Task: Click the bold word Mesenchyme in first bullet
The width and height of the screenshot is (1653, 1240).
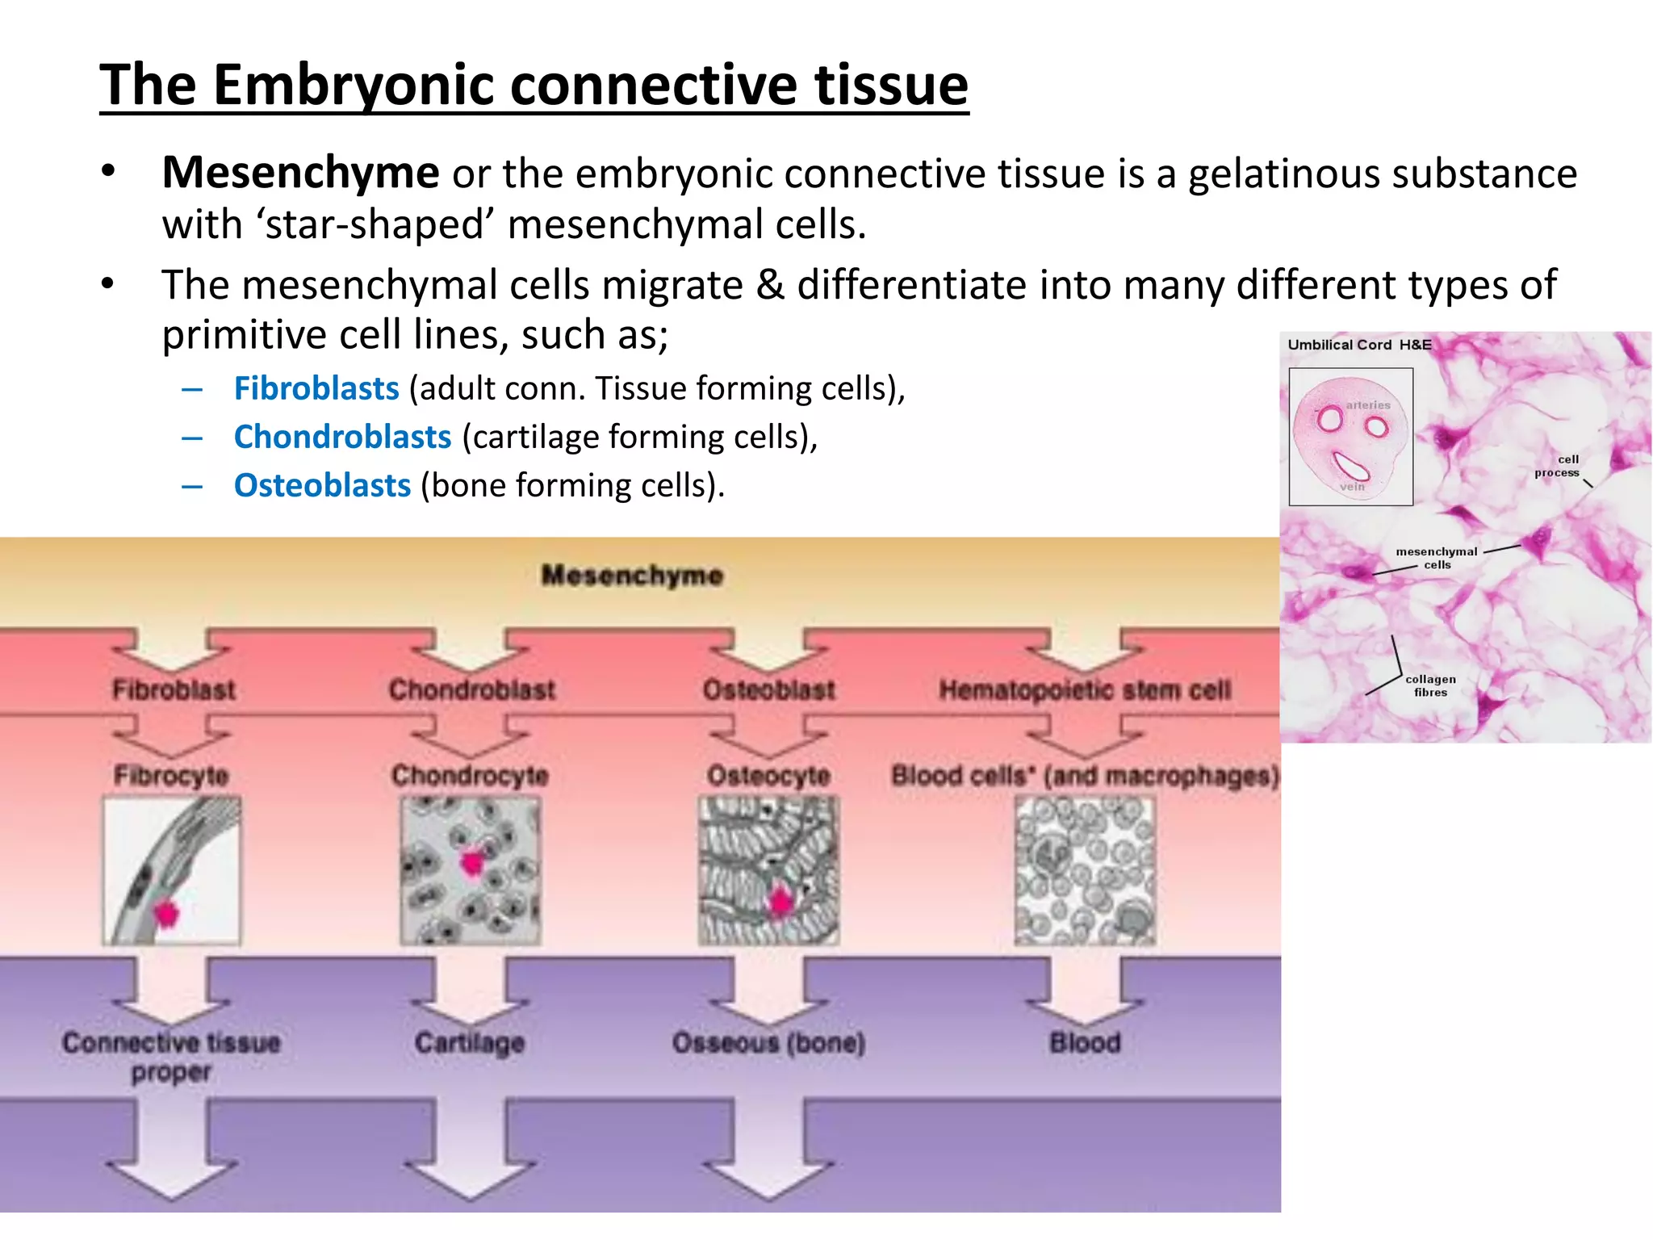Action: click(300, 173)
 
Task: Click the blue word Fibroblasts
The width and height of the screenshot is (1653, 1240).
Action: click(316, 388)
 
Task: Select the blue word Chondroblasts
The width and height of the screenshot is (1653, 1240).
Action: click(342, 437)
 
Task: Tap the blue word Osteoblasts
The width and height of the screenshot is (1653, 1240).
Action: click(322, 485)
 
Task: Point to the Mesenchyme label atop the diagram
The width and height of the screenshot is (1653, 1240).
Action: click(632, 576)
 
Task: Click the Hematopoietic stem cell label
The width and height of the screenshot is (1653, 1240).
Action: click(1084, 690)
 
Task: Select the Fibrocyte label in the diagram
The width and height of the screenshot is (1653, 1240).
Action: click(171, 776)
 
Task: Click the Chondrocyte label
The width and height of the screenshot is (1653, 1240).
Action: click(470, 776)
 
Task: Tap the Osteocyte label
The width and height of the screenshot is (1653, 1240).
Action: click(768, 776)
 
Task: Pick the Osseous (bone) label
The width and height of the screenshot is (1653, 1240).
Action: click(768, 1043)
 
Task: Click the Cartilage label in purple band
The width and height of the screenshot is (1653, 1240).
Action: click(470, 1043)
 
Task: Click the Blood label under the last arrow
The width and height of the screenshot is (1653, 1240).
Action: click(1085, 1043)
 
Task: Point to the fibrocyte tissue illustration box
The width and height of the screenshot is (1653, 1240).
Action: click(171, 870)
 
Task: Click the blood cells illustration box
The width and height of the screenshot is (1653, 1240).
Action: click(1085, 870)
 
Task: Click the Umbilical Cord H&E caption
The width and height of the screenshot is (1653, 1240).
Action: click(1359, 345)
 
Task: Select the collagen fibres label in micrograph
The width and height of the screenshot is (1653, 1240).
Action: click(1430, 685)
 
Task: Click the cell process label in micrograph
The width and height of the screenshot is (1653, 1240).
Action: click(1558, 466)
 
